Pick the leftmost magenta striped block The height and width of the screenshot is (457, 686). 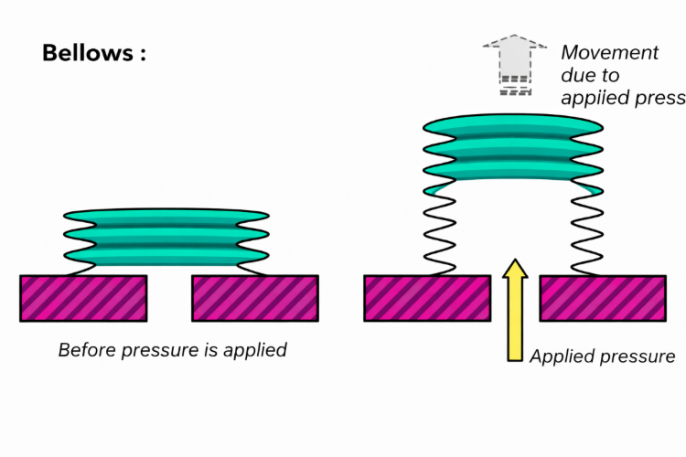point(83,298)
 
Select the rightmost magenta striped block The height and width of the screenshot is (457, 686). point(602,298)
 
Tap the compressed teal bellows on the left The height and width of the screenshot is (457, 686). point(166,235)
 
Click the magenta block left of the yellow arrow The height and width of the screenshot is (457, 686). point(428,298)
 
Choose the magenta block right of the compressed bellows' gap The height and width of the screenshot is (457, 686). point(254,298)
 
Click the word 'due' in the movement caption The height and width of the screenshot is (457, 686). point(578,75)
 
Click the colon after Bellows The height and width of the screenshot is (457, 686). point(142,54)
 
